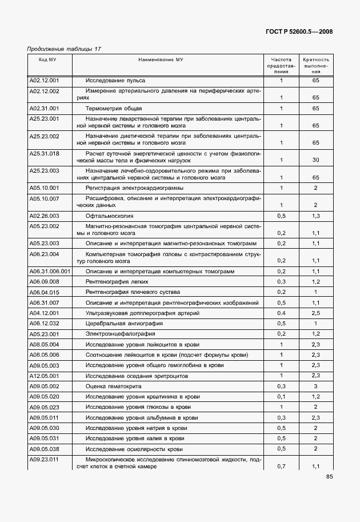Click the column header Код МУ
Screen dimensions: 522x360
[x=48, y=59]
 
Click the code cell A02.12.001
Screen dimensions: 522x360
[x=44, y=81]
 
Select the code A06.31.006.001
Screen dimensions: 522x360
[x=50, y=272]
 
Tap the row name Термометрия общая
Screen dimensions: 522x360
[x=114, y=108]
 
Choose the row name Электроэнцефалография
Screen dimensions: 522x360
[x=117, y=333]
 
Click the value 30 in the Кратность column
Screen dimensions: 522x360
[x=315, y=161]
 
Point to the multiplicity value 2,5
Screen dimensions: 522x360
[x=315, y=313]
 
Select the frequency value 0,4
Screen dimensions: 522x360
[x=281, y=313]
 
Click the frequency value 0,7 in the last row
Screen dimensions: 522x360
[x=281, y=467]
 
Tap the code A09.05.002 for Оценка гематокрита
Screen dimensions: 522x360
[x=44, y=386]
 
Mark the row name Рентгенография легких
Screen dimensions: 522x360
[x=117, y=282]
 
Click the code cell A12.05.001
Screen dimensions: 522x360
[x=44, y=376]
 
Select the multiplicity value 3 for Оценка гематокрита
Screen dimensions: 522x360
[x=315, y=386]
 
